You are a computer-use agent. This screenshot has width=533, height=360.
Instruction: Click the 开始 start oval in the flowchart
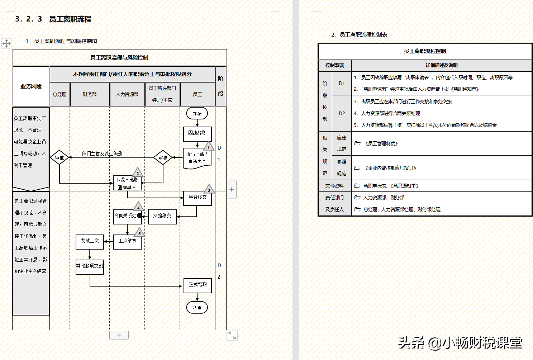coord(197,114)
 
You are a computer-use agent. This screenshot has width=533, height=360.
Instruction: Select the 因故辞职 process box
coord(197,133)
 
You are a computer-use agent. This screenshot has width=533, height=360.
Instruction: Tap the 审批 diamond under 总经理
coord(60,157)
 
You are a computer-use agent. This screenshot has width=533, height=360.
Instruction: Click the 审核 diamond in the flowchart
coord(163,157)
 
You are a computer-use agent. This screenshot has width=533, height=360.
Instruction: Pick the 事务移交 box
coord(198,198)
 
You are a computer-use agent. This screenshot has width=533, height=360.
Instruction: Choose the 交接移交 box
coord(162,216)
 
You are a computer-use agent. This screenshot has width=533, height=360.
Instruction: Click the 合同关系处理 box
coord(128,216)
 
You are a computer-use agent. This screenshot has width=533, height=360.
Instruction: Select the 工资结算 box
coord(127,241)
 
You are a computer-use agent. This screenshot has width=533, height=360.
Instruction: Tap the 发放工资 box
coord(90,241)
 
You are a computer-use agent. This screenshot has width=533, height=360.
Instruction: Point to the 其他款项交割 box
coord(90,266)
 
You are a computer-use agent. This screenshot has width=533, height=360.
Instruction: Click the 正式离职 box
coord(198,285)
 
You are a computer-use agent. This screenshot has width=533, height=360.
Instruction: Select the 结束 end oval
coord(197,308)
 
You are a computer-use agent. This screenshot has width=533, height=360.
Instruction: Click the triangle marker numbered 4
coord(138,207)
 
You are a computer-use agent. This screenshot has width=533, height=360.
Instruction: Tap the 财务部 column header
coord(90,94)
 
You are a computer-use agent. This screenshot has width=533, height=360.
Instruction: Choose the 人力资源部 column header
coord(127,94)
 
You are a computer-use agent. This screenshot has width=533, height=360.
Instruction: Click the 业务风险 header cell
coord(31,86)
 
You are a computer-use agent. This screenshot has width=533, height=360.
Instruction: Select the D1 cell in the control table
coord(342,83)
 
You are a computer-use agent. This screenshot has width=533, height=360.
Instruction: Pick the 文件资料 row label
coord(334,186)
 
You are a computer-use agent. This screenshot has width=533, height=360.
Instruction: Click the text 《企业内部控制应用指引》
coord(390,168)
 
